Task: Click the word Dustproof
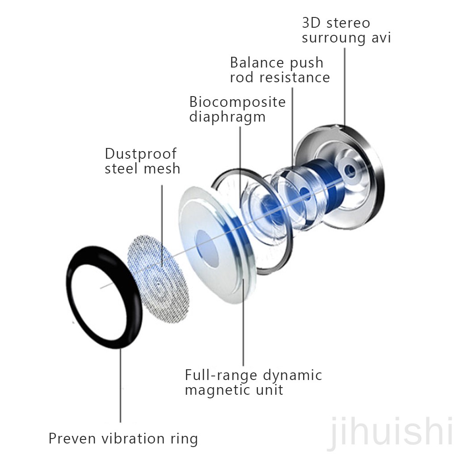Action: coord(140,154)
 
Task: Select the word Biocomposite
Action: coord(237,102)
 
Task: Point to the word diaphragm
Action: coord(227,117)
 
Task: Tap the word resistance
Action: coord(295,77)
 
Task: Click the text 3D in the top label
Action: coord(312,22)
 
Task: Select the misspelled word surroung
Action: coord(335,38)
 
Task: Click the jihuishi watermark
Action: coord(389,431)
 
